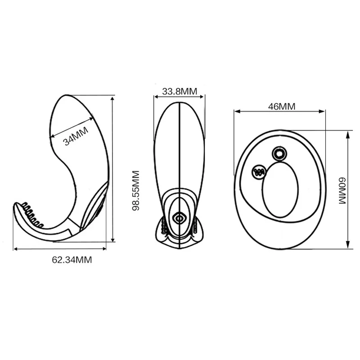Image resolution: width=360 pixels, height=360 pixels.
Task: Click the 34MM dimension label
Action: coord(76,136)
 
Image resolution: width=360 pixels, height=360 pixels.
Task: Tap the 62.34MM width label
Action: coord(72,260)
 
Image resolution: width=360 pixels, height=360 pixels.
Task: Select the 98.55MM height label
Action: coord(136,190)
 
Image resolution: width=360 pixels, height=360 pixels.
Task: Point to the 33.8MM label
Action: coord(180,91)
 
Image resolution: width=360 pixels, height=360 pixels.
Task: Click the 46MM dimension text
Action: coord(282,107)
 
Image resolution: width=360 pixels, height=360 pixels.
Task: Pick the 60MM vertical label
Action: coord(342,190)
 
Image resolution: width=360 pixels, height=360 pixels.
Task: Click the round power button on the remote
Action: coord(279,154)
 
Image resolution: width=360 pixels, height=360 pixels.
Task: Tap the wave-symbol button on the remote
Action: coord(259,171)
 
